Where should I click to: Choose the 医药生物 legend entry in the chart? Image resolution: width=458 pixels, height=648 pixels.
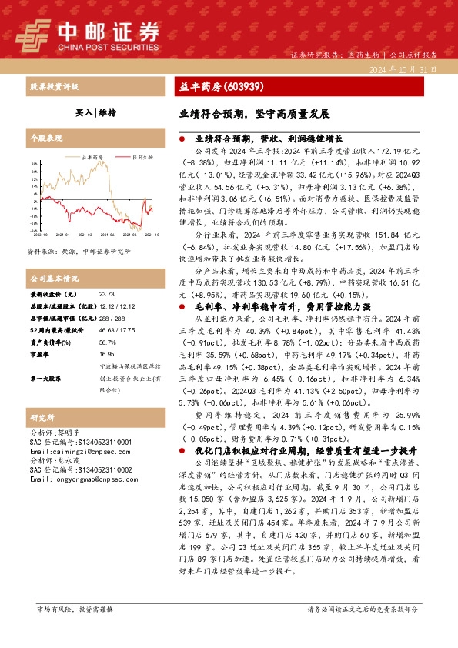point(142,155)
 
